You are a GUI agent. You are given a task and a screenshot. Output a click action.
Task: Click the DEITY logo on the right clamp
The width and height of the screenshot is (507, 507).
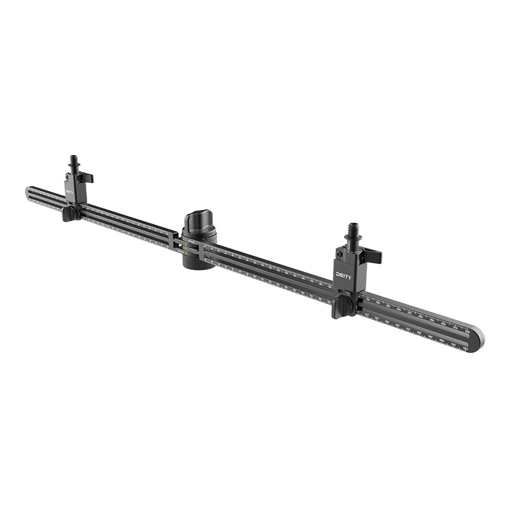coord(343,275)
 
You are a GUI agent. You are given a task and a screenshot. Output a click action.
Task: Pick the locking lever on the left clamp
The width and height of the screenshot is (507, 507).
coord(87,178)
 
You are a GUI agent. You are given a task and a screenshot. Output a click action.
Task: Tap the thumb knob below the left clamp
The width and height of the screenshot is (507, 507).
coord(69,214)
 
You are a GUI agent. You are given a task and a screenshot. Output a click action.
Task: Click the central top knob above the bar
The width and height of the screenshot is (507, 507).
coord(199,224)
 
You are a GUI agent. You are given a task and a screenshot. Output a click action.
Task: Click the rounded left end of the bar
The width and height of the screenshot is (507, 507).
coord(28,193)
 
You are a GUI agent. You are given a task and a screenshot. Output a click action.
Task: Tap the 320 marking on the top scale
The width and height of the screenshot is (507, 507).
coord(467,332)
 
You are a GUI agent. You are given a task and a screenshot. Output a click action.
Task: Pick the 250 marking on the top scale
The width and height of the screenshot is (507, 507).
coord(388,306)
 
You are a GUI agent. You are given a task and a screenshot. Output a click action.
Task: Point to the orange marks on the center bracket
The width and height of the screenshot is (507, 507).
coord(186,247)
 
